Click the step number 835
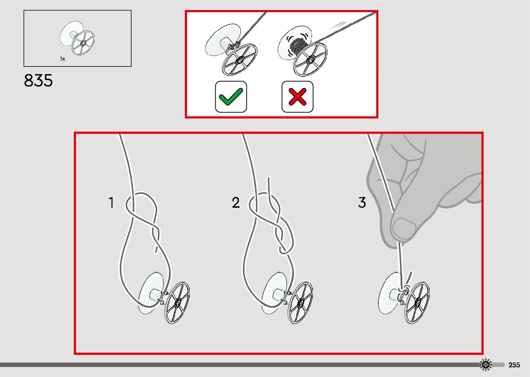38,80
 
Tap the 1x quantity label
62,59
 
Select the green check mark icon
231,97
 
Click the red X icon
297,97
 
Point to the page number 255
514,365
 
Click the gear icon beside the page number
486,365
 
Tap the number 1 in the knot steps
111,202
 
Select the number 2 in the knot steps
236,202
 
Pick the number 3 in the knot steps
362,202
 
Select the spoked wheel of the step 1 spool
177,303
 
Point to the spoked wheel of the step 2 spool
300,303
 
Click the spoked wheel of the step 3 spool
417,303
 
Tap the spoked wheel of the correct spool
240,60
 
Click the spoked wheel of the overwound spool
310,60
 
